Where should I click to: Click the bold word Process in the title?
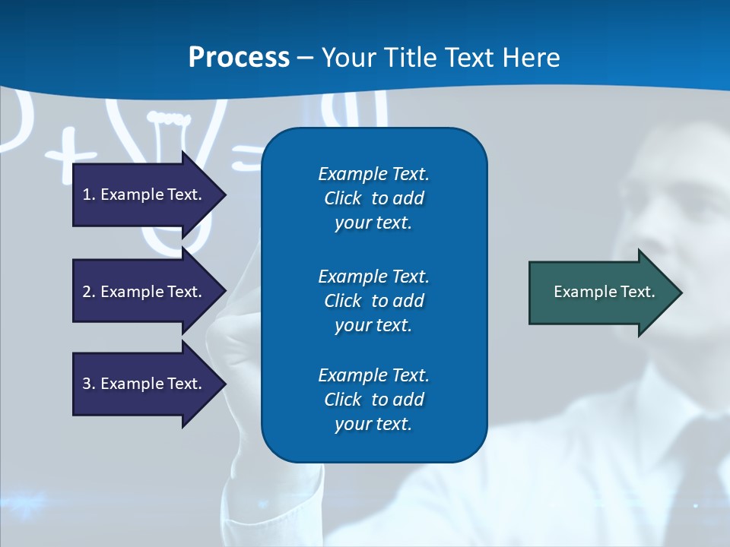click(x=239, y=58)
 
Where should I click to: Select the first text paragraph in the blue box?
click(x=373, y=198)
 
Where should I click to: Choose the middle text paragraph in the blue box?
click(x=373, y=301)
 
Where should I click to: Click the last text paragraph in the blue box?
click(x=373, y=400)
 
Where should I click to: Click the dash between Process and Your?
click(x=305, y=58)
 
